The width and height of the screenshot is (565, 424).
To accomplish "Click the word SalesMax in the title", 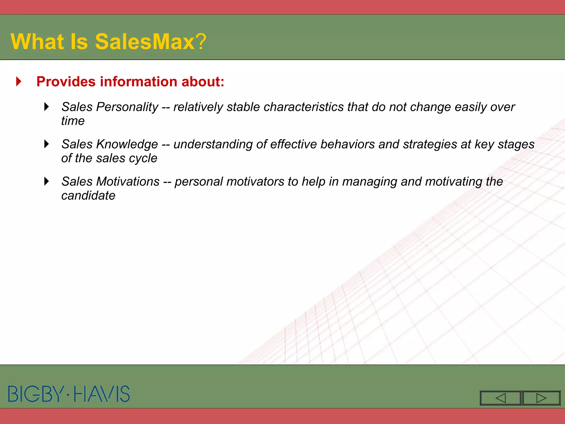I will pyautogui.click(x=145, y=41).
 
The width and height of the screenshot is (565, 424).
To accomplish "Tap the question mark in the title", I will pyautogui.click(x=201, y=41).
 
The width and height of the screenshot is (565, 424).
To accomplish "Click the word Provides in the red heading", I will pyautogui.click(x=66, y=82).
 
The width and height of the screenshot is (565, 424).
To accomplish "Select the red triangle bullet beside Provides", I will pyautogui.click(x=19, y=81).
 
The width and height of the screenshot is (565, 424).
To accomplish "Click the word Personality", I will pyautogui.click(x=127, y=107).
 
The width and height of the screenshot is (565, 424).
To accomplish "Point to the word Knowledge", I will pyautogui.click(x=127, y=144).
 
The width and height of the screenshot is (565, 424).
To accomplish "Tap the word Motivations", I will pyautogui.click(x=128, y=182).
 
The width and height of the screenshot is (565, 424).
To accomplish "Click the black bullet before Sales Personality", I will pyautogui.click(x=47, y=107).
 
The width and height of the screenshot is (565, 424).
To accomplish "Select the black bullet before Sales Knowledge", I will pyautogui.click(x=47, y=144).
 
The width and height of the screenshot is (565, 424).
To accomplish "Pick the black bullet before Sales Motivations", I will pyautogui.click(x=47, y=181).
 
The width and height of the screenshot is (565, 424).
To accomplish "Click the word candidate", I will pyautogui.click(x=88, y=196).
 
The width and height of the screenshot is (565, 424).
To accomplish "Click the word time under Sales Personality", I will pyautogui.click(x=73, y=121).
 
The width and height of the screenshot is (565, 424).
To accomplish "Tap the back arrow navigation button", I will pyautogui.click(x=500, y=398).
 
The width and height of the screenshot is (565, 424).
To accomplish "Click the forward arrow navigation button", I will pyautogui.click(x=541, y=398).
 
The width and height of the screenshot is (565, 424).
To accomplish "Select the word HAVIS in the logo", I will pyautogui.click(x=102, y=394).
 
